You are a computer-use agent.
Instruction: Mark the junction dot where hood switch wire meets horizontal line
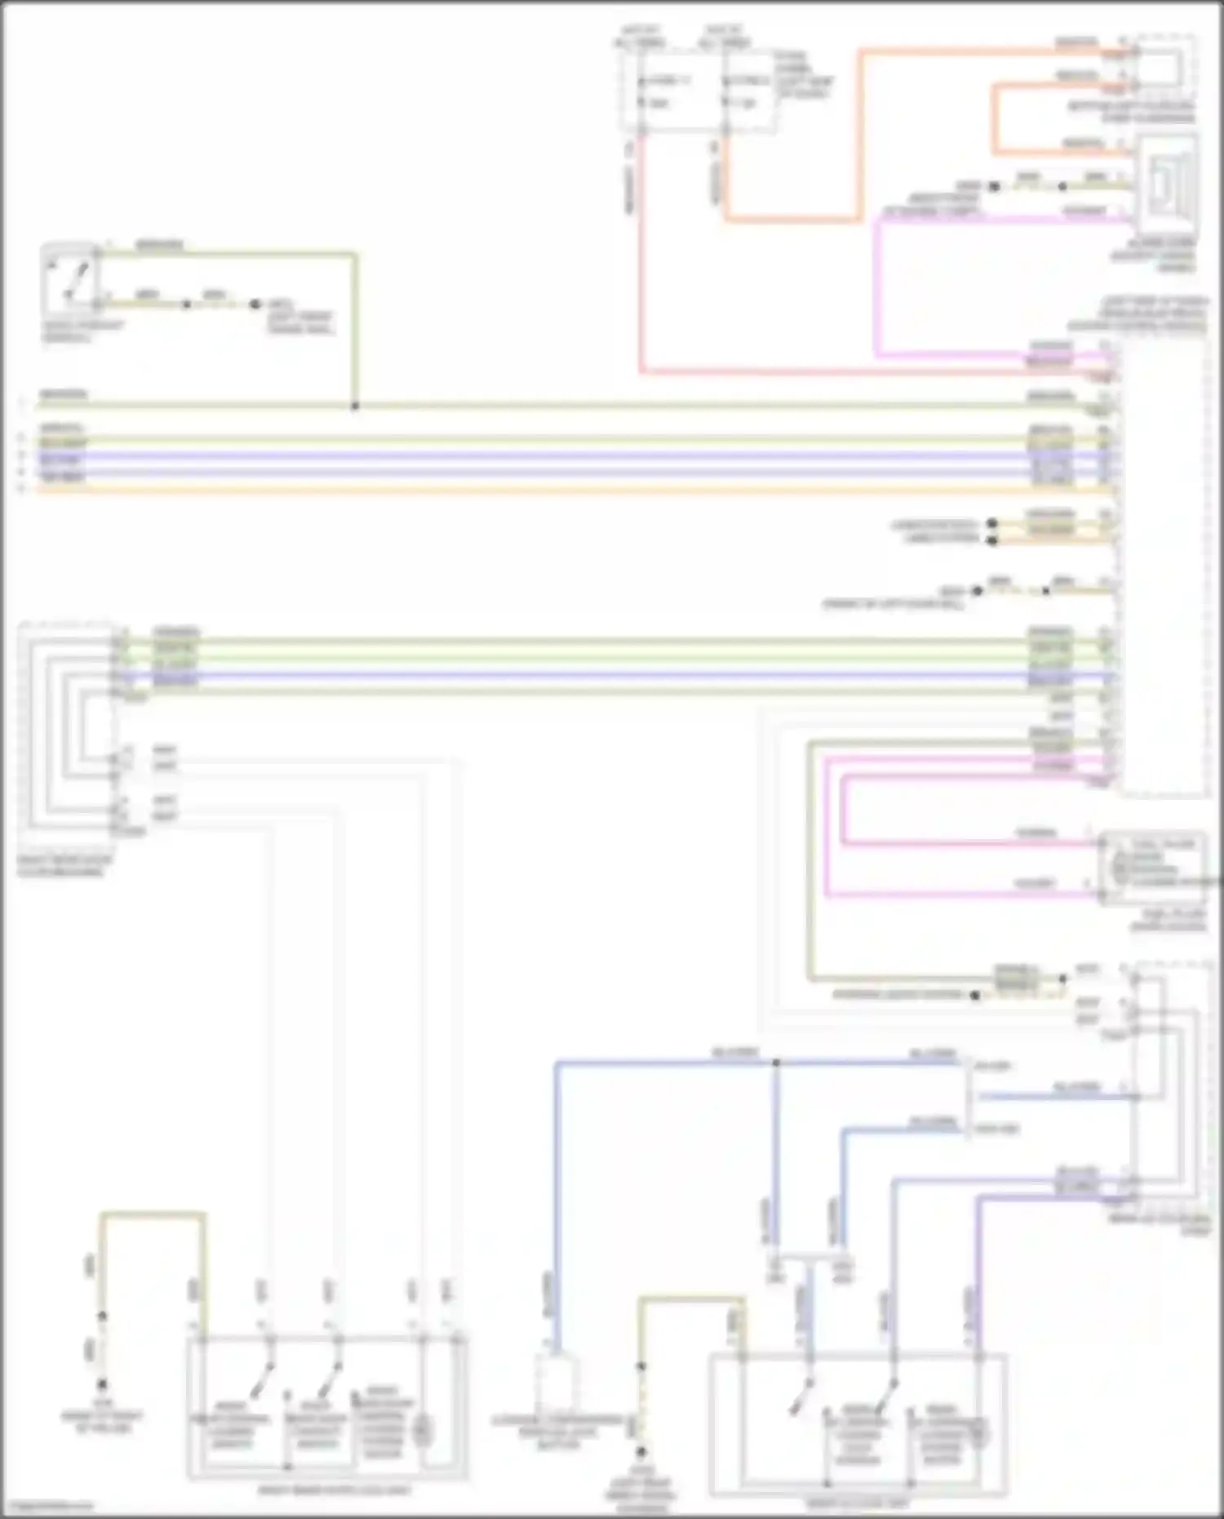355,406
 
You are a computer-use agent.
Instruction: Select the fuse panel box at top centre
698,90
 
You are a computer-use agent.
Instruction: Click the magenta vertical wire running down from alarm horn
877,286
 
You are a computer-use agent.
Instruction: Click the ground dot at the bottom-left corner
102,1384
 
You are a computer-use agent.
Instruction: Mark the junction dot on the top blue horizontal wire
776,1063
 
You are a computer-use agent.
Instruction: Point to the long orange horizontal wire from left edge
490,490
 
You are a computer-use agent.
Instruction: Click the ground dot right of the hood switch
255,304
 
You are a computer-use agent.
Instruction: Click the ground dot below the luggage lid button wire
641,1452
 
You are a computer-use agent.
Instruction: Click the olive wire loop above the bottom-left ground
153,1215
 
